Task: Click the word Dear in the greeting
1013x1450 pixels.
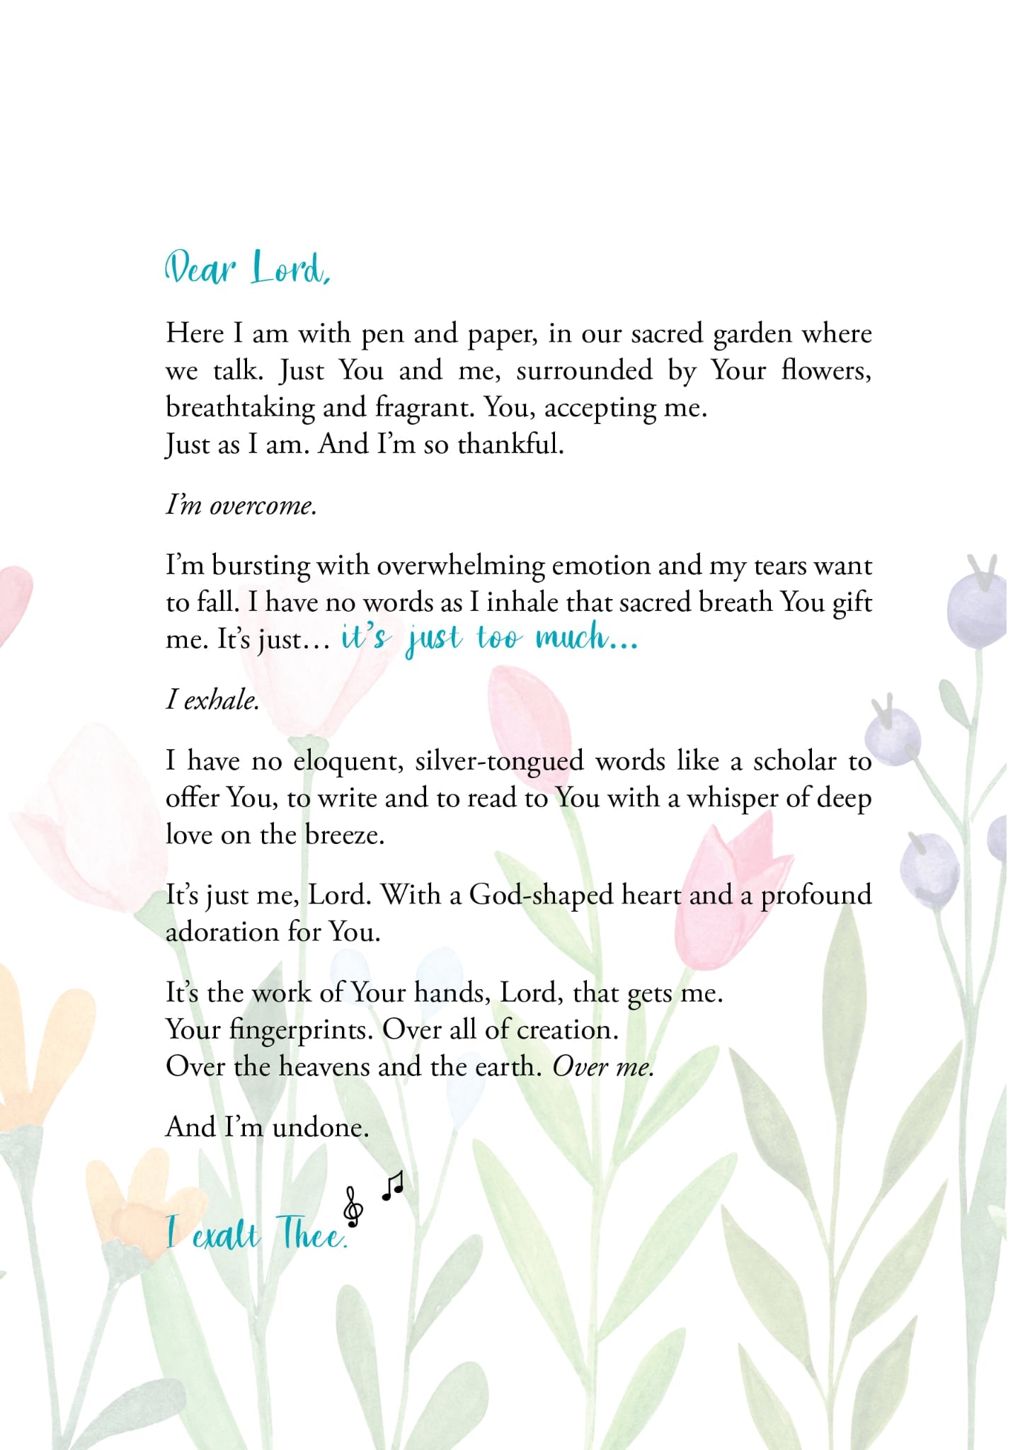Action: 200,269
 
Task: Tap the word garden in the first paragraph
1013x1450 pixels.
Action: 752,334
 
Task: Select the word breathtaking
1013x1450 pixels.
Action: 240,408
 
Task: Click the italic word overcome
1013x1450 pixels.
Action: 263,506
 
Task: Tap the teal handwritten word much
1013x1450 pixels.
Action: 572,637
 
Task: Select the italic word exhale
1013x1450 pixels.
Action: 221,700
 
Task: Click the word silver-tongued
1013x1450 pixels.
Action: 500,761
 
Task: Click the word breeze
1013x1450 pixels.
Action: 345,835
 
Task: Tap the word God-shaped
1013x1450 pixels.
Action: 541,896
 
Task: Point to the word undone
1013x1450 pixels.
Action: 321,1127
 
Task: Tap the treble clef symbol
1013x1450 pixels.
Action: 353,1206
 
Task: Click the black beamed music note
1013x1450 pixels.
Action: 393,1186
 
